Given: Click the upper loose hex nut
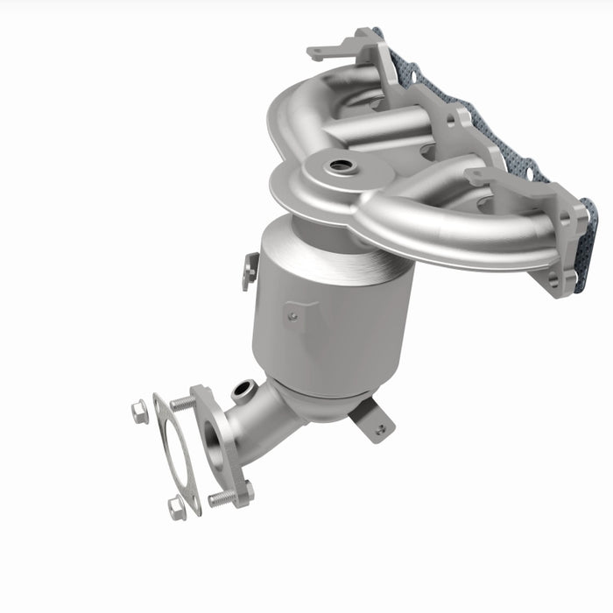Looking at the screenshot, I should tap(140, 411).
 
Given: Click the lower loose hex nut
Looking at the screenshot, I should tap(177, 506).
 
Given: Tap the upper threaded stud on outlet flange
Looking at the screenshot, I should tap(183, 404).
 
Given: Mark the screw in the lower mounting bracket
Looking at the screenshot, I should tap(379, 429).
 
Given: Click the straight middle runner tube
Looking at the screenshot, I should tap(377, 131).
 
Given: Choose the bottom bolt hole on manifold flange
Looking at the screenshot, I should tap(553, 280).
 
